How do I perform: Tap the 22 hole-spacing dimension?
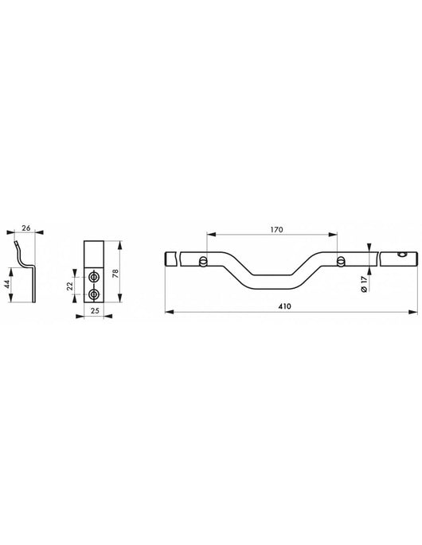[72, 285]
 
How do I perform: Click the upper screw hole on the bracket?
[96, 276]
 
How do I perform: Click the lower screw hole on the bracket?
[96, 294]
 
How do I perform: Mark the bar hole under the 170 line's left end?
[205, 260]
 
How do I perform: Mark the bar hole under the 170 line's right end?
[341, 260]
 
